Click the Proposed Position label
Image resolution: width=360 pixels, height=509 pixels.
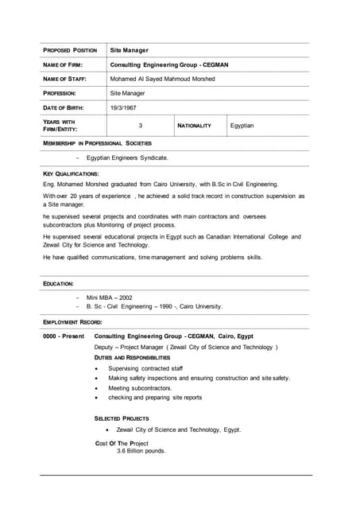tap(70, 50)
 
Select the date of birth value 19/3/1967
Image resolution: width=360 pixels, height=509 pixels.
tap(123, 107)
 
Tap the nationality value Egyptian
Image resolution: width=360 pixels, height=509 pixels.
tap(242, 126)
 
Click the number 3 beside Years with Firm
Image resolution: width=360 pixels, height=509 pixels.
tap(140, 126)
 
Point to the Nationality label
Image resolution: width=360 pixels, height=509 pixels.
tap(194, 126)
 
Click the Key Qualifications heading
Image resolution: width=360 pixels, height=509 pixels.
tap(71, 173)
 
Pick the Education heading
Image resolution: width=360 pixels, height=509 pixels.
tap(58, 284)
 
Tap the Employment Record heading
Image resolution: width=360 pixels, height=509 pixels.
tap(72, 321)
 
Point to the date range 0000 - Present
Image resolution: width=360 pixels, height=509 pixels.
tap(64, 336)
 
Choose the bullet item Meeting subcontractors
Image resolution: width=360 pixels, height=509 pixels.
tap(140, 387)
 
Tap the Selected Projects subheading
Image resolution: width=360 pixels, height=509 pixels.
tap(122, 418)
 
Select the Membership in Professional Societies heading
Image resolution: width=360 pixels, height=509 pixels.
tap(96, 143)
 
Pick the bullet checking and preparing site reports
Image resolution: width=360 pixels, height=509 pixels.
tap(155, 397)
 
